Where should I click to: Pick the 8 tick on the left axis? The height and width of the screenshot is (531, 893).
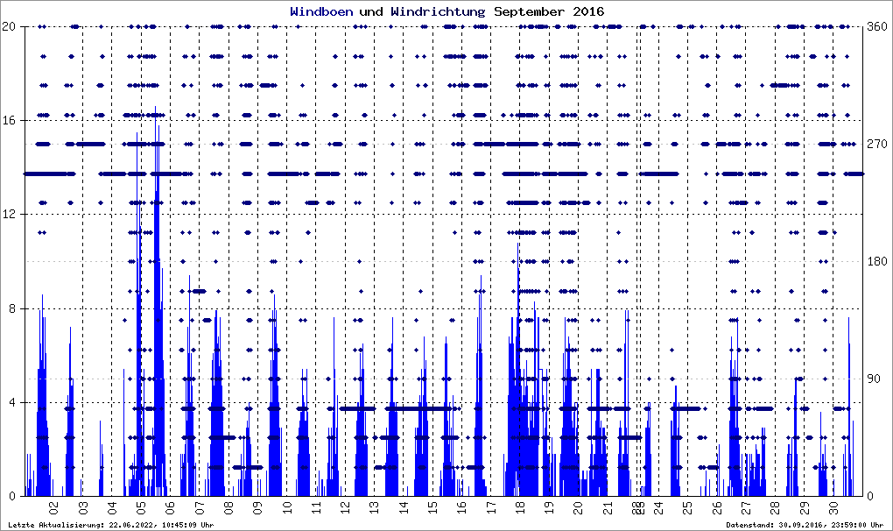point(13,308)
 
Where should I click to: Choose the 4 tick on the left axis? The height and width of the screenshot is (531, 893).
point(13,403)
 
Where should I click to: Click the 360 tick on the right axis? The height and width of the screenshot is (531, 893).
point(875,26)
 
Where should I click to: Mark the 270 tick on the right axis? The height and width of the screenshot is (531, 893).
point(875,144)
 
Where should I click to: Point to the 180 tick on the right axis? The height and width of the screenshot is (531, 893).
point(875,261)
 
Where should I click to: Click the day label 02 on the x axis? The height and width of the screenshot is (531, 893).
point(54,506)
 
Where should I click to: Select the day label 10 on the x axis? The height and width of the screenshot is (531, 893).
point(286,506)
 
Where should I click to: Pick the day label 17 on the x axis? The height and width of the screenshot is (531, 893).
point(490,506)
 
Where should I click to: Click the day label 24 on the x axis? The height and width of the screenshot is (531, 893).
point(659,506)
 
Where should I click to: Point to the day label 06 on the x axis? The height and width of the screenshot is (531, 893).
point(170,506)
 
